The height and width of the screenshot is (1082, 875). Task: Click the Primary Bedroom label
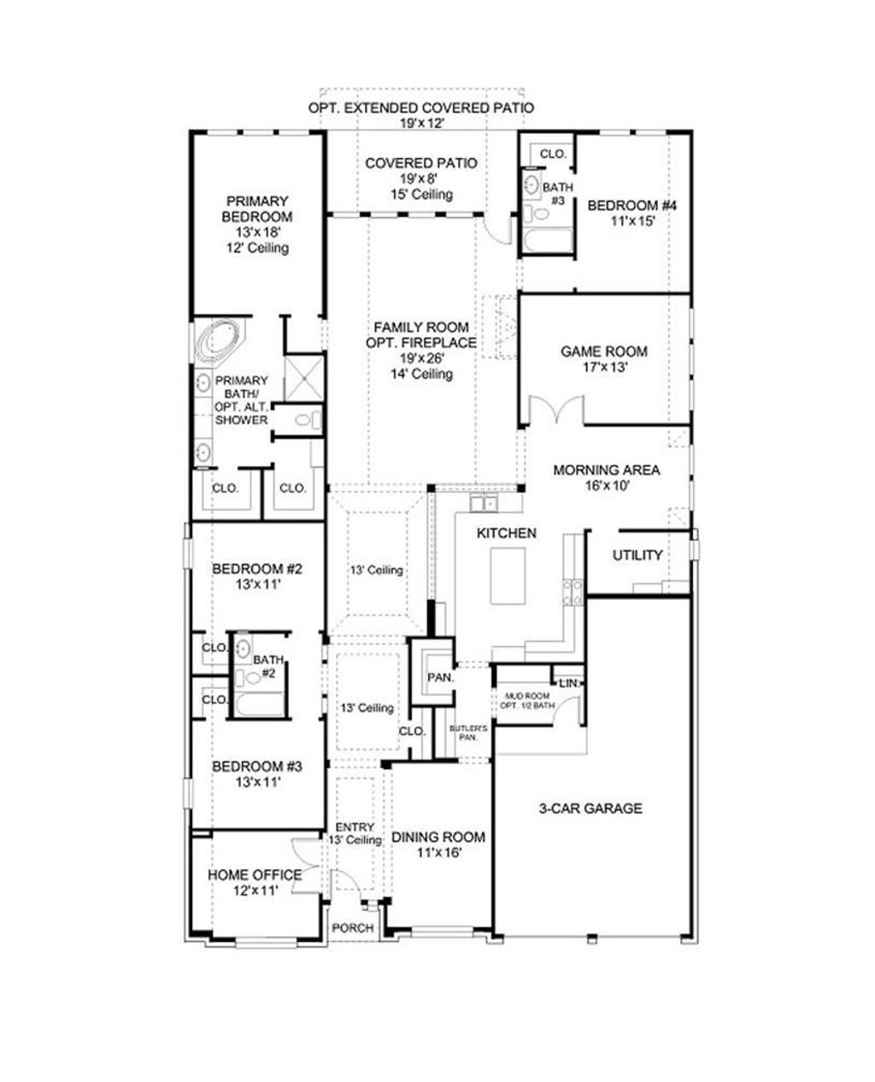258,209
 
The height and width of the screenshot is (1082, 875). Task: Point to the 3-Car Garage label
590,809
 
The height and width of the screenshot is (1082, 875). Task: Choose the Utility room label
637,556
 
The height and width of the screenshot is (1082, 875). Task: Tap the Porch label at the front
352,928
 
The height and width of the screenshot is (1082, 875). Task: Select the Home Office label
255,875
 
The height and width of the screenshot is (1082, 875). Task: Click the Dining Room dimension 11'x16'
438,853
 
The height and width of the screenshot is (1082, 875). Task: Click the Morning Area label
606,470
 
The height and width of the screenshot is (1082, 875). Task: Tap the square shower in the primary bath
303,376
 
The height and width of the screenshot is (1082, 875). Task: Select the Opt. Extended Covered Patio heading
421,109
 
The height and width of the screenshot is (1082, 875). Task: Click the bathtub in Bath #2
258,704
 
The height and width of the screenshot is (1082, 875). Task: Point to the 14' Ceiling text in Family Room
420,374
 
